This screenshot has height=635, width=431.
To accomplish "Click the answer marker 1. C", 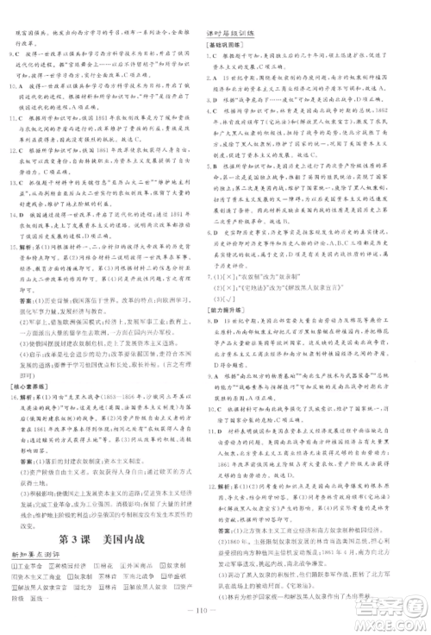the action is pyautogui.click(x=212, y=56).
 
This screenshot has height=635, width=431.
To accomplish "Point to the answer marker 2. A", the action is pyautogui.click(x=212, y=79).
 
